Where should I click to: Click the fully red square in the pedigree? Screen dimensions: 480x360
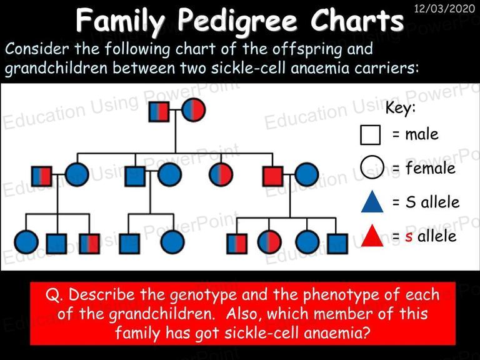(273, 176)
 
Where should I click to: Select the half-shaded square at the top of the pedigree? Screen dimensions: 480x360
(159, 111)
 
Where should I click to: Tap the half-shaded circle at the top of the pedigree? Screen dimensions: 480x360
(194, 110)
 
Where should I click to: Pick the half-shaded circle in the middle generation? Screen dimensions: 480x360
(221, 174)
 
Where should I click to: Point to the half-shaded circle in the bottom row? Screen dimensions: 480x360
(269, 242)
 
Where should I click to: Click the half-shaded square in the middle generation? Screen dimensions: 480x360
(42, 176)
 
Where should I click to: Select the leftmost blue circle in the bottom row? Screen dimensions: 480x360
(26, 242)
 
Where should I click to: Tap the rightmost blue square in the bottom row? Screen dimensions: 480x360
(337, 244)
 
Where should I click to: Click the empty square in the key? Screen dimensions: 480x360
(371, 135)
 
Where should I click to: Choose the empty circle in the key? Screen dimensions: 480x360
(372, 167)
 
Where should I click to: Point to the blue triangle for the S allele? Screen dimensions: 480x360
(372, 201)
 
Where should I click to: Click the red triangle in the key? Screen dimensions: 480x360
(372, 236)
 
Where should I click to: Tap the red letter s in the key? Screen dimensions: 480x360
(409, 237)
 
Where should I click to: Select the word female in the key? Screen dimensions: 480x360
(431, 168)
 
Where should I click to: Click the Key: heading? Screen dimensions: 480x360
(401, 107)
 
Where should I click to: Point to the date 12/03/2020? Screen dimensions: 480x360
(444, 8)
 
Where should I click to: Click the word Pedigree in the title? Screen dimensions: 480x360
(237, 21)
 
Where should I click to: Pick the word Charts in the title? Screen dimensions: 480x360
(357, 20)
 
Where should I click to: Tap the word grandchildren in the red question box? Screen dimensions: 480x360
(161, 314)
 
